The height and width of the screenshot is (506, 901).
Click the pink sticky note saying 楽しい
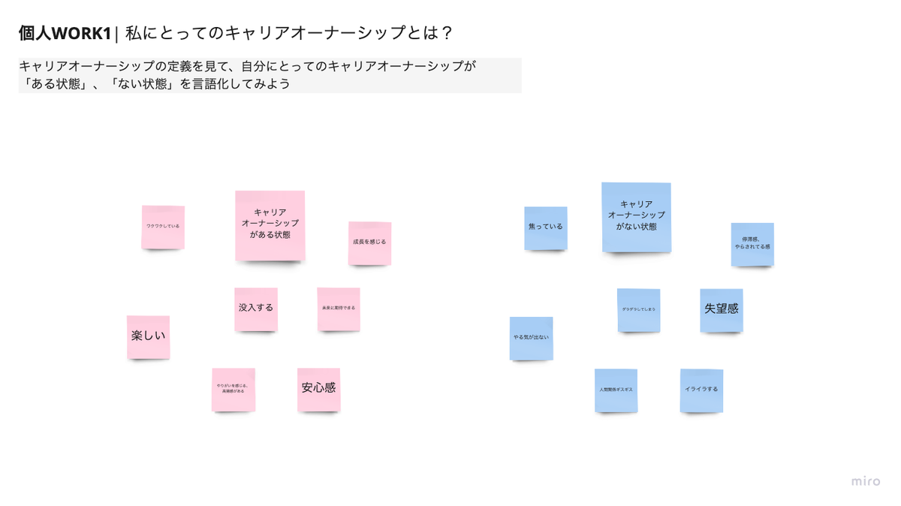coord(148,336)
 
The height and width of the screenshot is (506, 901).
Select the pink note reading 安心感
coord(318,389)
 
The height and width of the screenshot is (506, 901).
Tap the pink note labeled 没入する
coord(256,309)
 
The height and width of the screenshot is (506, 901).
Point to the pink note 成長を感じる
coord(369,242)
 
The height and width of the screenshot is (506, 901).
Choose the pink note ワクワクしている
coord(163,227)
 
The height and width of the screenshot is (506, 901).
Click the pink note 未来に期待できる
coord(339,309)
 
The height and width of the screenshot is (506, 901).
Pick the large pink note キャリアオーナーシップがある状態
coord(270,225)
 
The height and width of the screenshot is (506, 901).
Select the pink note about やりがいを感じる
coord(234,389)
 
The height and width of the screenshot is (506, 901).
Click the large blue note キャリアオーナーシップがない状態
coord(636,217)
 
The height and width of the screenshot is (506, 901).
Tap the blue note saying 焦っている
coord(546,227)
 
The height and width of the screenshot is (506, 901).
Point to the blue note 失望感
coord(722,309)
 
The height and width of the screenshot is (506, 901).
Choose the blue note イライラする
coord(701,390)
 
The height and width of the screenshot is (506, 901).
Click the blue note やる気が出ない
coord(531,338)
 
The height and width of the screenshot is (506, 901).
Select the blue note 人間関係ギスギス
coord(616,390)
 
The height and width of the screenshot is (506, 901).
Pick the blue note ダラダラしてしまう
coord(639,309)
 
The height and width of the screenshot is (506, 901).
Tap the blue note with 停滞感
coord(752,244)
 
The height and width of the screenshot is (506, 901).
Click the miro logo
coord(866,481)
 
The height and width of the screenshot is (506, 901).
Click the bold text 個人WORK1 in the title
coord(65,34)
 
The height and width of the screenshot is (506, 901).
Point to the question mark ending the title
coord(447,34)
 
